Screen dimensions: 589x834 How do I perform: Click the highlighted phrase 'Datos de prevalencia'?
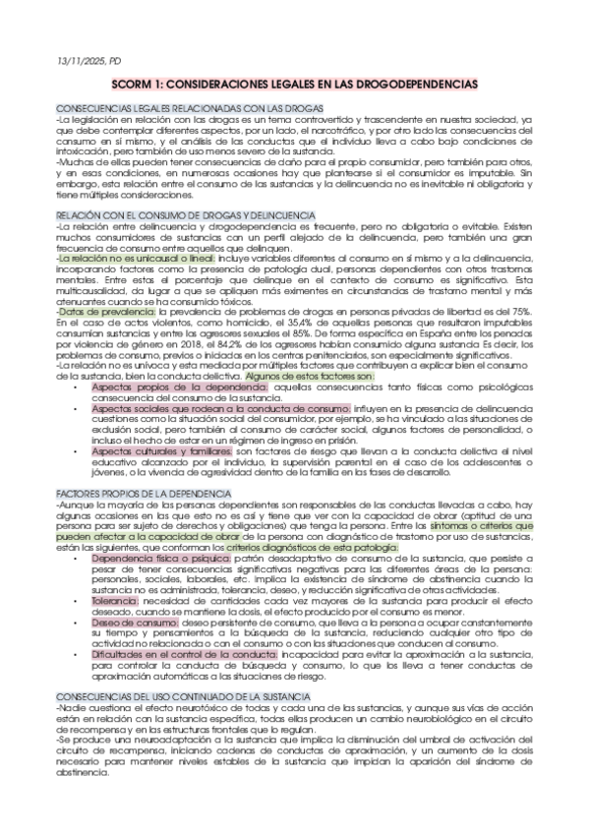point(92,310)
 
